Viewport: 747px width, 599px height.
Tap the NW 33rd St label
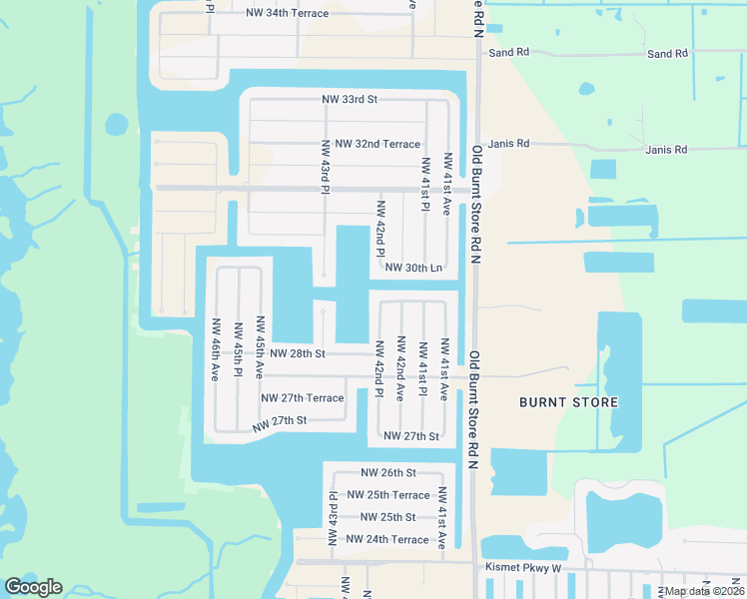[350, 100]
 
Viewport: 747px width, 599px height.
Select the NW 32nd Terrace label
[377, 144]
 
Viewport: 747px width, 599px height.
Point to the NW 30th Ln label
[413, 268]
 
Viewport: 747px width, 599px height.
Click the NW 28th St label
[298, 353]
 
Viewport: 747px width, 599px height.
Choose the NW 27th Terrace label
[302, 398]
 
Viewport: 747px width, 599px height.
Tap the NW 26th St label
[387, 472]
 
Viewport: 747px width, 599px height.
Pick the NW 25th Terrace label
[387, 495]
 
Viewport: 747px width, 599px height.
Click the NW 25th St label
[387, 517]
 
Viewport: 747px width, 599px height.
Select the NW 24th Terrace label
[386, 540]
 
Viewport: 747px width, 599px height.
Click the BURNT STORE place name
[568, 402]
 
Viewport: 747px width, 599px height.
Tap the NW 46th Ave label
[215, 350]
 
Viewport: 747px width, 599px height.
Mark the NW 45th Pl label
[238, 350]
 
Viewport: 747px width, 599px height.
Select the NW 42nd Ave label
[400, 370]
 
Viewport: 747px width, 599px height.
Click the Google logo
[33, 587]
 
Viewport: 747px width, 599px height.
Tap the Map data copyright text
[704, 591]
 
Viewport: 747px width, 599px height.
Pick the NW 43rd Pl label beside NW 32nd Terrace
[326, 166]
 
